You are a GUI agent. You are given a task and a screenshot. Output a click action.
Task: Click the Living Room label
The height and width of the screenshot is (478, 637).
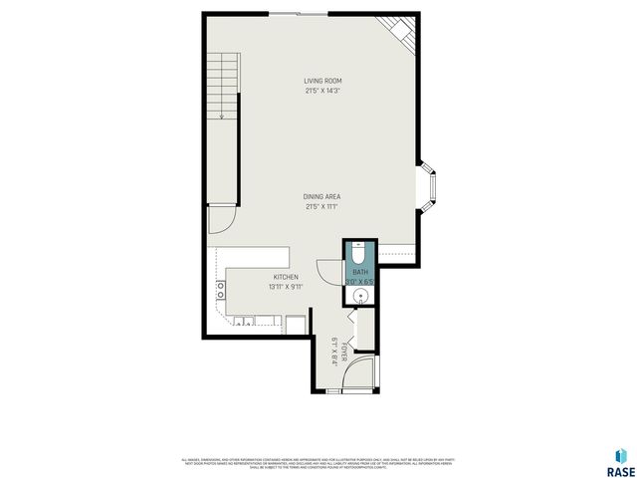point(322,81)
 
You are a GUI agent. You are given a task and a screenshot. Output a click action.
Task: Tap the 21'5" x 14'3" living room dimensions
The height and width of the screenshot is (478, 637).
point(322,91)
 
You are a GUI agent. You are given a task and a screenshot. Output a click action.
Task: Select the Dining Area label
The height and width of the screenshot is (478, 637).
point(322,197)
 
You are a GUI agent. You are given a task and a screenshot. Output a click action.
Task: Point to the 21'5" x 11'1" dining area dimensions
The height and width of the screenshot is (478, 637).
point(322,207)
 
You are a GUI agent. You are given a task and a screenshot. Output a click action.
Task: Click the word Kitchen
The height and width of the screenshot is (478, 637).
point(286,277)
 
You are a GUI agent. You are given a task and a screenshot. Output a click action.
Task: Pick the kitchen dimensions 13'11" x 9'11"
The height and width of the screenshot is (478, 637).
point(286,287)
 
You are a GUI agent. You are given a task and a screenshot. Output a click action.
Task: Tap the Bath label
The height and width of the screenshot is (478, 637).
point(359,271)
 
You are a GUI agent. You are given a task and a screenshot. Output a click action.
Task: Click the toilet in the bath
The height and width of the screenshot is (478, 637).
point(359,252)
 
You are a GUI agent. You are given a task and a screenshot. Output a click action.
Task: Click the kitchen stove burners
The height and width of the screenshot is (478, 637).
point(220,290)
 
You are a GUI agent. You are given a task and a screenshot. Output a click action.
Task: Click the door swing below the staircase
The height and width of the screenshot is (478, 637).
point(221,219)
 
